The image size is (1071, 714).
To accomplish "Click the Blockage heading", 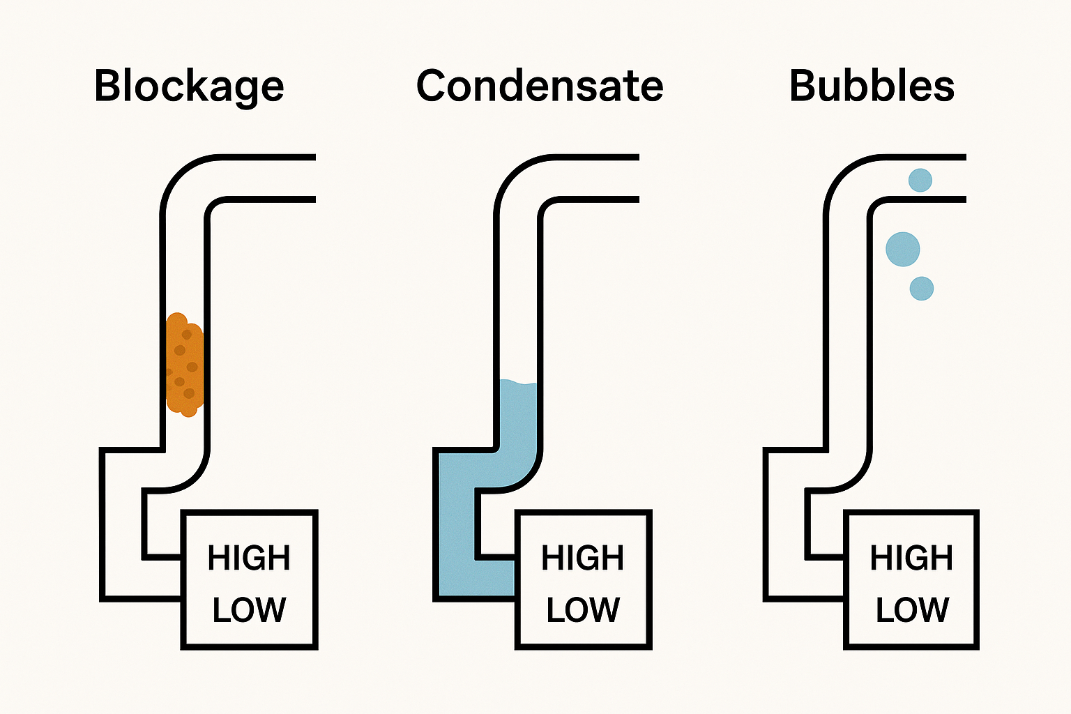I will (189, 86).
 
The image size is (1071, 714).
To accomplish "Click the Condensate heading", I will (539, 86).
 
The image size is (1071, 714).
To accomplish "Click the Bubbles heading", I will (872, 86).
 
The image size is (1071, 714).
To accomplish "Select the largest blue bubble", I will (903, 249).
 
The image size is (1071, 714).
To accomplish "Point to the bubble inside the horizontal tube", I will (920, 180).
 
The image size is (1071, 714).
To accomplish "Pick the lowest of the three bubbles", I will (922, 288).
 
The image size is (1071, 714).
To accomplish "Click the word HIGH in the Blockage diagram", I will (249, 559).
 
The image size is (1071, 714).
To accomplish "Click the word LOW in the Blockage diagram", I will (249, 610).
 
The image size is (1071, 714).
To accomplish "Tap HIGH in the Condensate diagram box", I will (583, 559).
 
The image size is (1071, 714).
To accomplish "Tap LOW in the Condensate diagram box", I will (583, 610).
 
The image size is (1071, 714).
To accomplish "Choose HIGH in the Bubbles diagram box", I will (911, 559).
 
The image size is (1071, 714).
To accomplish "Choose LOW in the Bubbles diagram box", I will (911, 610).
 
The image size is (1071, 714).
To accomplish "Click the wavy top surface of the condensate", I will (519, 383).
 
